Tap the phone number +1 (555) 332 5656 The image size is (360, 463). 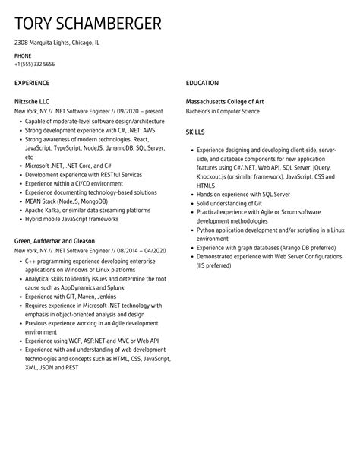pyautogui.click(x=35, y=64)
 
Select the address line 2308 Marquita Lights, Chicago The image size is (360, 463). pyautogui.click(x=58, y=43)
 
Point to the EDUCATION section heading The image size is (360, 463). pyautogui.click(x=202, y=83)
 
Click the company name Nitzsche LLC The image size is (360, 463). pyautogui.click(x=32, y=100)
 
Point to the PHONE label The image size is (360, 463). pyautogui.click(x=24, y=55)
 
